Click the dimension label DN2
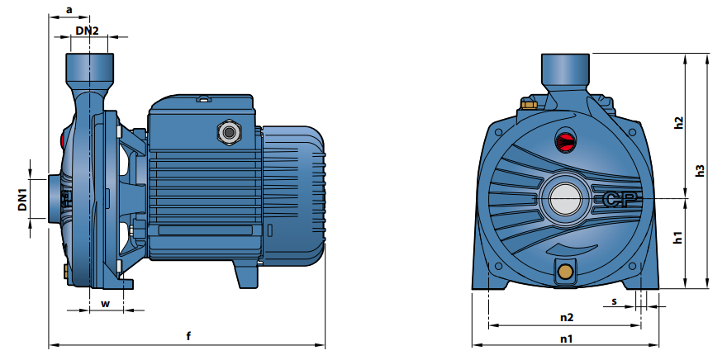click(88, 31)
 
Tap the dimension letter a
click(69, 10)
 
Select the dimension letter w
click(106, 304)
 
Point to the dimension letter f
click(188, 336)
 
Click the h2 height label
click(679, 122)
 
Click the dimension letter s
click(615, 301)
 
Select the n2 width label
click(567, 317)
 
